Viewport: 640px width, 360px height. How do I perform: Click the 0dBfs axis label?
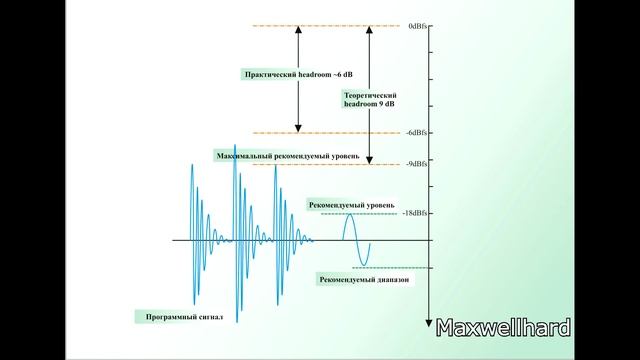419,24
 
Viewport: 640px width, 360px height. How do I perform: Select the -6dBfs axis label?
419,133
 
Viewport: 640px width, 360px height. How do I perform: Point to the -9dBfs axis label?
419,164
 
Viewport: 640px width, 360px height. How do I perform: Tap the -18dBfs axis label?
417,213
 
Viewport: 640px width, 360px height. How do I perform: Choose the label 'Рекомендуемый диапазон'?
364,279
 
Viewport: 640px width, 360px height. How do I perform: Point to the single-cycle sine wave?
355,241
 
